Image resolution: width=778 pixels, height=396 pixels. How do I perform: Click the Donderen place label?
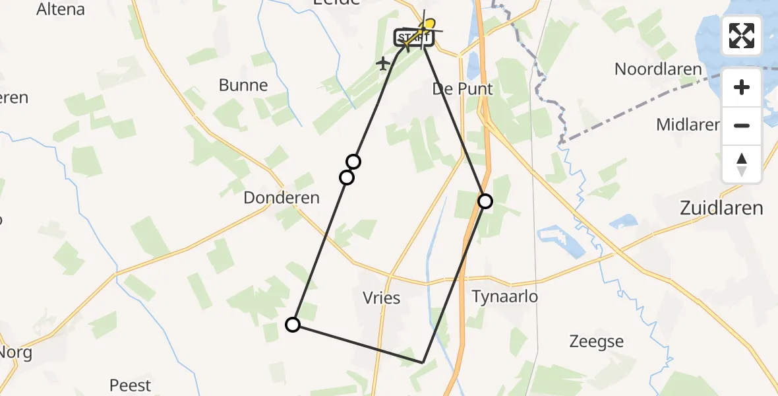(x=282, y=197)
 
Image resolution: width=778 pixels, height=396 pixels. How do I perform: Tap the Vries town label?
(x=382, y=298)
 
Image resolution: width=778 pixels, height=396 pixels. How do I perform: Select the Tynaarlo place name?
(x=505, y=297)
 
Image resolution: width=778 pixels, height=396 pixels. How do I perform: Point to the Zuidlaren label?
(x=721, y=209)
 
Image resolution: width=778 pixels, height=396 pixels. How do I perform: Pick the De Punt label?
(x=462, y=89)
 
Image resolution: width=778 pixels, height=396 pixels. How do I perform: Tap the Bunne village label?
(x=243, y=85)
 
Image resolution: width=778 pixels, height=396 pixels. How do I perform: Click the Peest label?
(x=130, y=385)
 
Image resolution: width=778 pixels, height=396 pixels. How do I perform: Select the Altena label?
(x=61, y=9)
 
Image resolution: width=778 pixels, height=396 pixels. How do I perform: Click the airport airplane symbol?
(x=383, y=64)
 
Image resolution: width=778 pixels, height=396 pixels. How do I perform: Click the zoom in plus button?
(x=742, y=87)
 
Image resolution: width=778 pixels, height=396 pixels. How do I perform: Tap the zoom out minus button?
(x=742, y=125)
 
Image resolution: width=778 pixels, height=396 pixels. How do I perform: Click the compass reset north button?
(x=742, y=164)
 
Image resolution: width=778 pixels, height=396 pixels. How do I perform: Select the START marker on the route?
(x=413, y=38)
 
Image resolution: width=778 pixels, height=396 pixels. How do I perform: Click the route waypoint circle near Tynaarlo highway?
(x=485, y=201)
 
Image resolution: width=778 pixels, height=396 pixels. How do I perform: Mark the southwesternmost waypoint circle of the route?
(x=293, y=324)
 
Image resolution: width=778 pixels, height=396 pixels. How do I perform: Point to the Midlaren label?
(x=687, y=124)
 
